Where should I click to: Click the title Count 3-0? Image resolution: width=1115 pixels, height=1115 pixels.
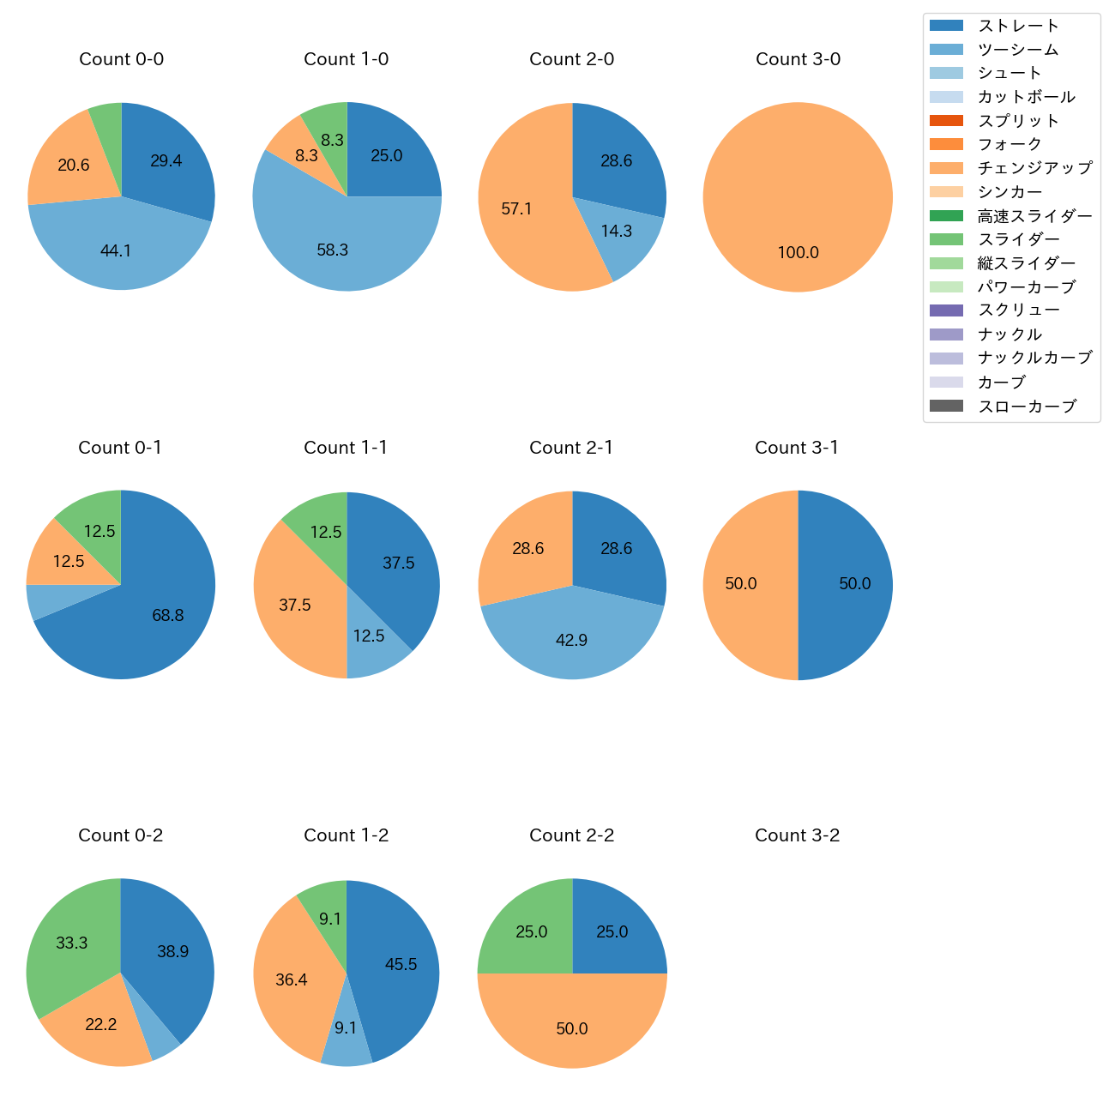(798, 59)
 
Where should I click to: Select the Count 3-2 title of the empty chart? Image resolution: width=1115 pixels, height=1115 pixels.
(797, 835)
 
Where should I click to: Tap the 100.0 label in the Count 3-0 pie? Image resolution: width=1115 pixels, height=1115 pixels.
(798, 253)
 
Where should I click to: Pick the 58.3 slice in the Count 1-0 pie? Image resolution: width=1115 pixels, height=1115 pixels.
(333, 249)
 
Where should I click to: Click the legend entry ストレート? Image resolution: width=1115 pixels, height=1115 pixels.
(1018, 26)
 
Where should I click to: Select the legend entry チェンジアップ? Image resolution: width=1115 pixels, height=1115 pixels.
(1034, 168)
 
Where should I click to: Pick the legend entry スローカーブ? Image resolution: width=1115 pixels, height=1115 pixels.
(1027, 407)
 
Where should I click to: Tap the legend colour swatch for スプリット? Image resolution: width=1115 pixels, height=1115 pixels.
(946, 121)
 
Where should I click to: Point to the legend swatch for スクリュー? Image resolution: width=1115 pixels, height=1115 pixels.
(946, 310)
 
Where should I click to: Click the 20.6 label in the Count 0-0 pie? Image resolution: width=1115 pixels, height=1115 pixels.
(74, 166)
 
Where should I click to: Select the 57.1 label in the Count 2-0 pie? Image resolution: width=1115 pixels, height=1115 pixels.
(516, 209)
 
